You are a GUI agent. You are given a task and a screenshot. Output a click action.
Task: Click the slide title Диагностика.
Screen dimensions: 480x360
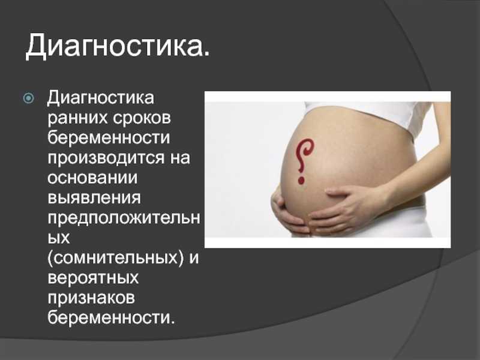pos(118,46)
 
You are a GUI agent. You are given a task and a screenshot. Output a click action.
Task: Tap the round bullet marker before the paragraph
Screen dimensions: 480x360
pos(28,98)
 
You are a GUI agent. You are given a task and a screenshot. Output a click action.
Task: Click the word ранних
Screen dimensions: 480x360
pos(78,118)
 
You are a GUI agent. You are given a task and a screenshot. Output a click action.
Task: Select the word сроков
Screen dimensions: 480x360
pos(142,118)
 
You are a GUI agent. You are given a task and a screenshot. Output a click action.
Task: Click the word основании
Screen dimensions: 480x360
pos(92,178)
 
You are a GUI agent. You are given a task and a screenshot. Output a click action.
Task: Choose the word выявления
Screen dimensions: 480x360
pos(94,198)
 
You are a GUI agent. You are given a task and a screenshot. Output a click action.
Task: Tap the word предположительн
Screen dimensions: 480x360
pos(124,218)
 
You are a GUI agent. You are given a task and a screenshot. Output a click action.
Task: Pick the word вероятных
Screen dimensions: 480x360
pos(93,278)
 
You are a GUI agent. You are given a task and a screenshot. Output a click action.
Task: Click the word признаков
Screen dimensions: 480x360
pos(91,298)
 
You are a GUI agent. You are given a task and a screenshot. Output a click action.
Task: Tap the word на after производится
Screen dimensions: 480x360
pos(180,158)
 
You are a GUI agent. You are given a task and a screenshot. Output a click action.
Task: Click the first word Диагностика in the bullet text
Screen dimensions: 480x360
pos(101,98)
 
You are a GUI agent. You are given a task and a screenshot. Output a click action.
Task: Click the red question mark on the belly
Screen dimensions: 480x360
pos(304,161)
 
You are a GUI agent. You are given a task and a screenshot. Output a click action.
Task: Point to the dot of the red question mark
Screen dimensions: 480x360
pos(301,181)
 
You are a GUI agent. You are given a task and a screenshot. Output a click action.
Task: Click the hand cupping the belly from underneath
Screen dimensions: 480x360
pos(288,214)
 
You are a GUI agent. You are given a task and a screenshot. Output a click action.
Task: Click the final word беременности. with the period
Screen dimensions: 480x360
pos(111,318)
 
